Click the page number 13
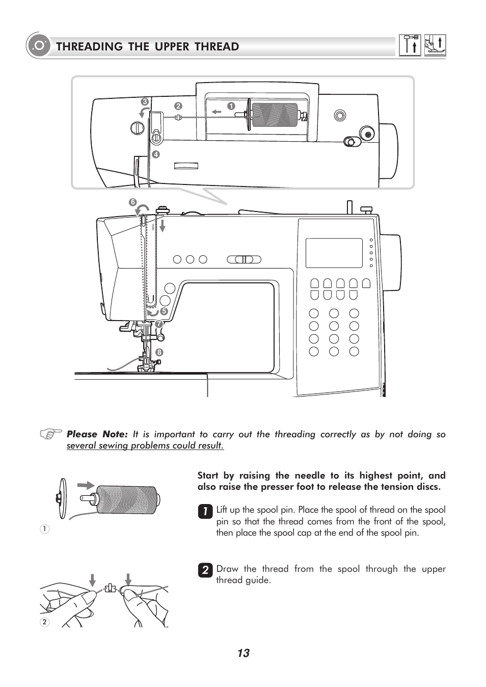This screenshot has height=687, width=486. (243, 653)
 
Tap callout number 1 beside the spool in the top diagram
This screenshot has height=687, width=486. (231, 106)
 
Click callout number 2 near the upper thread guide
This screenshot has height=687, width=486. (178, 106)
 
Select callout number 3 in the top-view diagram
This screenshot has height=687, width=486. (145, 102)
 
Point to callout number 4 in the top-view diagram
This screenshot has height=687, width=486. (156, 154)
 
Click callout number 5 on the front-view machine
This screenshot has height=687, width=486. (164, 311)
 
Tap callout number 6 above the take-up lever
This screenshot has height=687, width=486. (132, 202)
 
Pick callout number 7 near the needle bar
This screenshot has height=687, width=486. (159, 324)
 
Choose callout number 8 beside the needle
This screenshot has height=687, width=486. (159, 352)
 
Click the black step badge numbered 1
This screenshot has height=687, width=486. (205, 511)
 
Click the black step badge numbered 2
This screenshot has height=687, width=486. (205, 570)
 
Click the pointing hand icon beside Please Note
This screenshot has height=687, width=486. (51, 434)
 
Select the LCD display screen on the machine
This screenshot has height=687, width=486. (334, 253)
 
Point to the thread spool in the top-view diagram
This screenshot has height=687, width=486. (275, 115)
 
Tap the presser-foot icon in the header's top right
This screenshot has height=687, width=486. (435, 45)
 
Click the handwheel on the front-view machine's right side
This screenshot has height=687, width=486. (390, 262)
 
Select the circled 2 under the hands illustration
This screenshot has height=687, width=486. (45, 622)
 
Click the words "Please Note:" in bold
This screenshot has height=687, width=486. (97, 434)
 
